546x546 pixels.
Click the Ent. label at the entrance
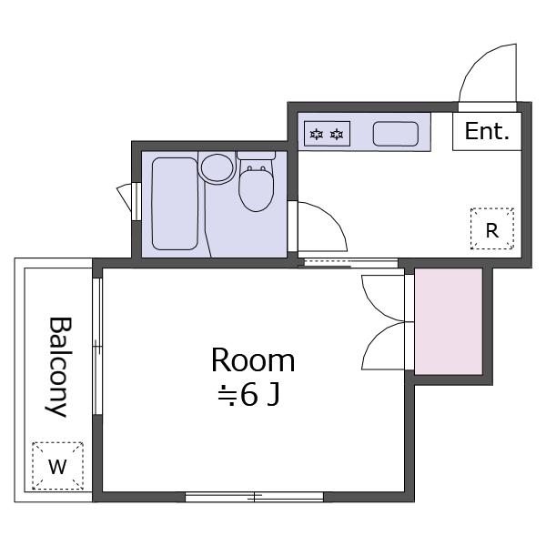tap(487, 131)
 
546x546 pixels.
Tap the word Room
tap(253, 360)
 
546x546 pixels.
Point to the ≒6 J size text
tap(248, 396)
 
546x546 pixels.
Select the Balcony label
tap(59, 367)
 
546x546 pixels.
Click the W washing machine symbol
tap(58, 466)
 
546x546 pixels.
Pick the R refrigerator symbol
tap(492, 228)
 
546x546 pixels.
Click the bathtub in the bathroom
tap(175, 204)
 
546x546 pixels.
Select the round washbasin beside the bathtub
tap(217, 168)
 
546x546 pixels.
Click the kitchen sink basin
tap(396, 134)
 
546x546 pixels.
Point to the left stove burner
tap(316, 134)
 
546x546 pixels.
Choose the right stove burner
tap(337, 134)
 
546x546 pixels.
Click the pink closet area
tap(449, 321)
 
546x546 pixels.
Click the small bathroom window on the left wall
tap(136, 201)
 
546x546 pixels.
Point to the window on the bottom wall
tap(255, 497)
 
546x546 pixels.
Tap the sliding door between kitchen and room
tap(351, 263)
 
